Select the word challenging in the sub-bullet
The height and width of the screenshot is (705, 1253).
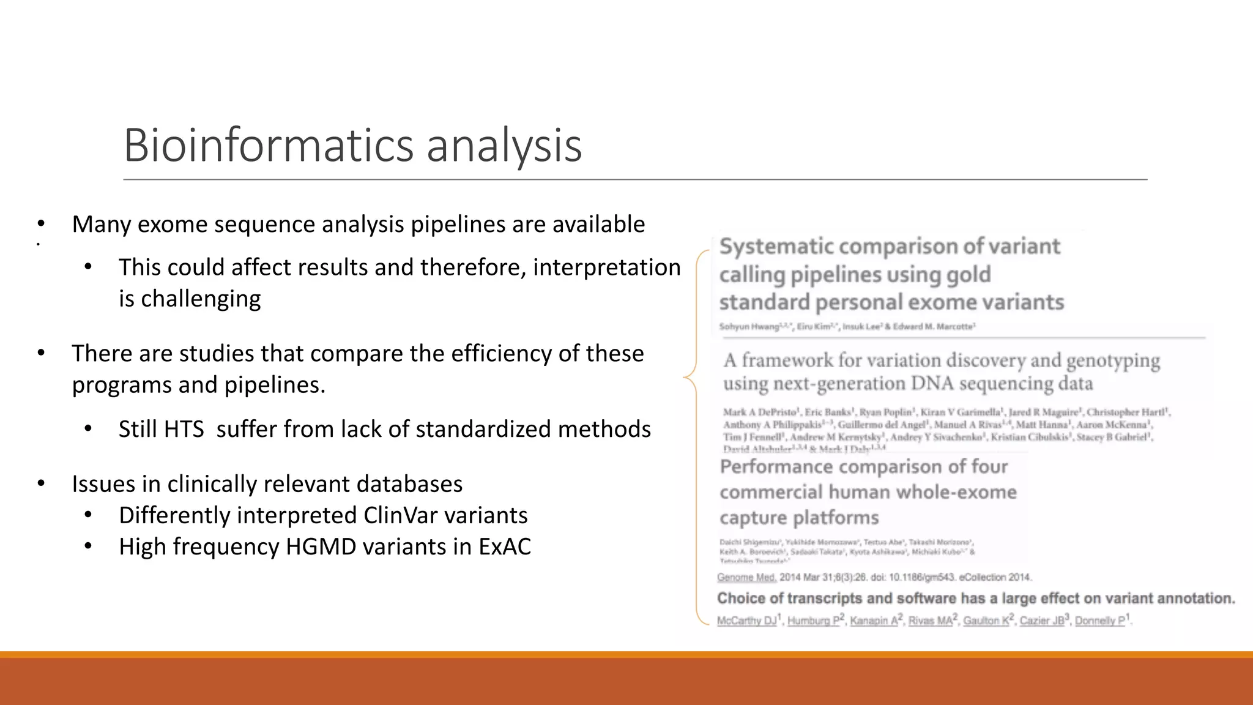(x=201, y=299)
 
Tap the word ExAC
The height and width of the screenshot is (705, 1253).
(x=505, y=546)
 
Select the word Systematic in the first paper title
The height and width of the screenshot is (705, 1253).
(x=777, y=246)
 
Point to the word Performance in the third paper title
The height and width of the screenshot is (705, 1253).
(x=776, y=467)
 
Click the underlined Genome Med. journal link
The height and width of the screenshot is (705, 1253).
(x=746, y=577)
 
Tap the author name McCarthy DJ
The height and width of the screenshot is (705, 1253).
(x=746, y=621)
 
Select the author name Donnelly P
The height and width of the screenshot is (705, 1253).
(x=1099, y=621)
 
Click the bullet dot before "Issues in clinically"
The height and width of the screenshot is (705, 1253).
(x=41, y=484)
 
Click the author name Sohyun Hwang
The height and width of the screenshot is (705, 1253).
(x=742, y=327)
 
